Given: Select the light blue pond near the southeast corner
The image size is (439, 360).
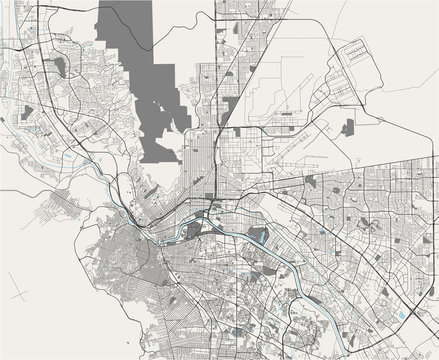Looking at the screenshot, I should tap(400, 316).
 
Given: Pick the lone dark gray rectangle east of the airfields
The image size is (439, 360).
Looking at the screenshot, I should tap(348, 127).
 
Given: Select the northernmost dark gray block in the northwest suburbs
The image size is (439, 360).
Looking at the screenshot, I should tap(60, 68).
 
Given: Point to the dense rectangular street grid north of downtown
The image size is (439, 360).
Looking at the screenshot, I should tap(200, 150).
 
